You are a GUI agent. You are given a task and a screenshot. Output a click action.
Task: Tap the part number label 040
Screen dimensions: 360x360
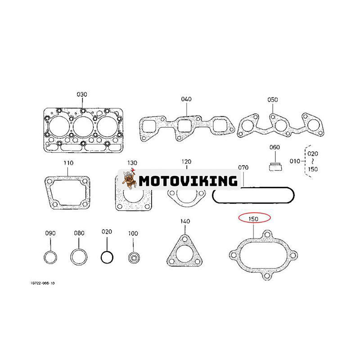click(x=186, y=99)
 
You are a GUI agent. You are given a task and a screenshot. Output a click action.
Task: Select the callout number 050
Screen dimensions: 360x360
click(x=273, y=99)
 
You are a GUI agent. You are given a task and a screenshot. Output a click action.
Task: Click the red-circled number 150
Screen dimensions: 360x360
click(x=255, y=218)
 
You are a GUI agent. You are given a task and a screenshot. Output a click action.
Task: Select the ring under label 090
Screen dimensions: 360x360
click(x=50, y=258)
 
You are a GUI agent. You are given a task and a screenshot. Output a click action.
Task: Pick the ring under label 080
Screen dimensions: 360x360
click(x=79, y=258)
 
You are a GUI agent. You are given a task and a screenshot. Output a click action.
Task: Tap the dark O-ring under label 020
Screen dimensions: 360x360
click(x=107, y=257)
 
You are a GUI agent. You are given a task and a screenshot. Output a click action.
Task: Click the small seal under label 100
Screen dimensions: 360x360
click(x=133, y=258)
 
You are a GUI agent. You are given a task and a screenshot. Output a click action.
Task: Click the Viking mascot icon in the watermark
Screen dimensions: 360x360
click(x=130, y=181)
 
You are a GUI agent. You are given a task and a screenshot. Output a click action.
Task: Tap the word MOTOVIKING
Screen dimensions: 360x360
click(x=188, y=181)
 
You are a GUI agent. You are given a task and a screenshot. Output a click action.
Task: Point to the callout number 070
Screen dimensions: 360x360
click(x=243, y=167)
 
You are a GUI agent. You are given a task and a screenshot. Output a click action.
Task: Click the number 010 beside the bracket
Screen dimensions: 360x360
click(x=295, y=160)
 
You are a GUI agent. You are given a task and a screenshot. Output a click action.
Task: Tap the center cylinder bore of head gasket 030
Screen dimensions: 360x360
click(x=83, y=127)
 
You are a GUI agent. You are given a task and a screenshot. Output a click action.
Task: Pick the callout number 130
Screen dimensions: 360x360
click(x=131, y=162)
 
